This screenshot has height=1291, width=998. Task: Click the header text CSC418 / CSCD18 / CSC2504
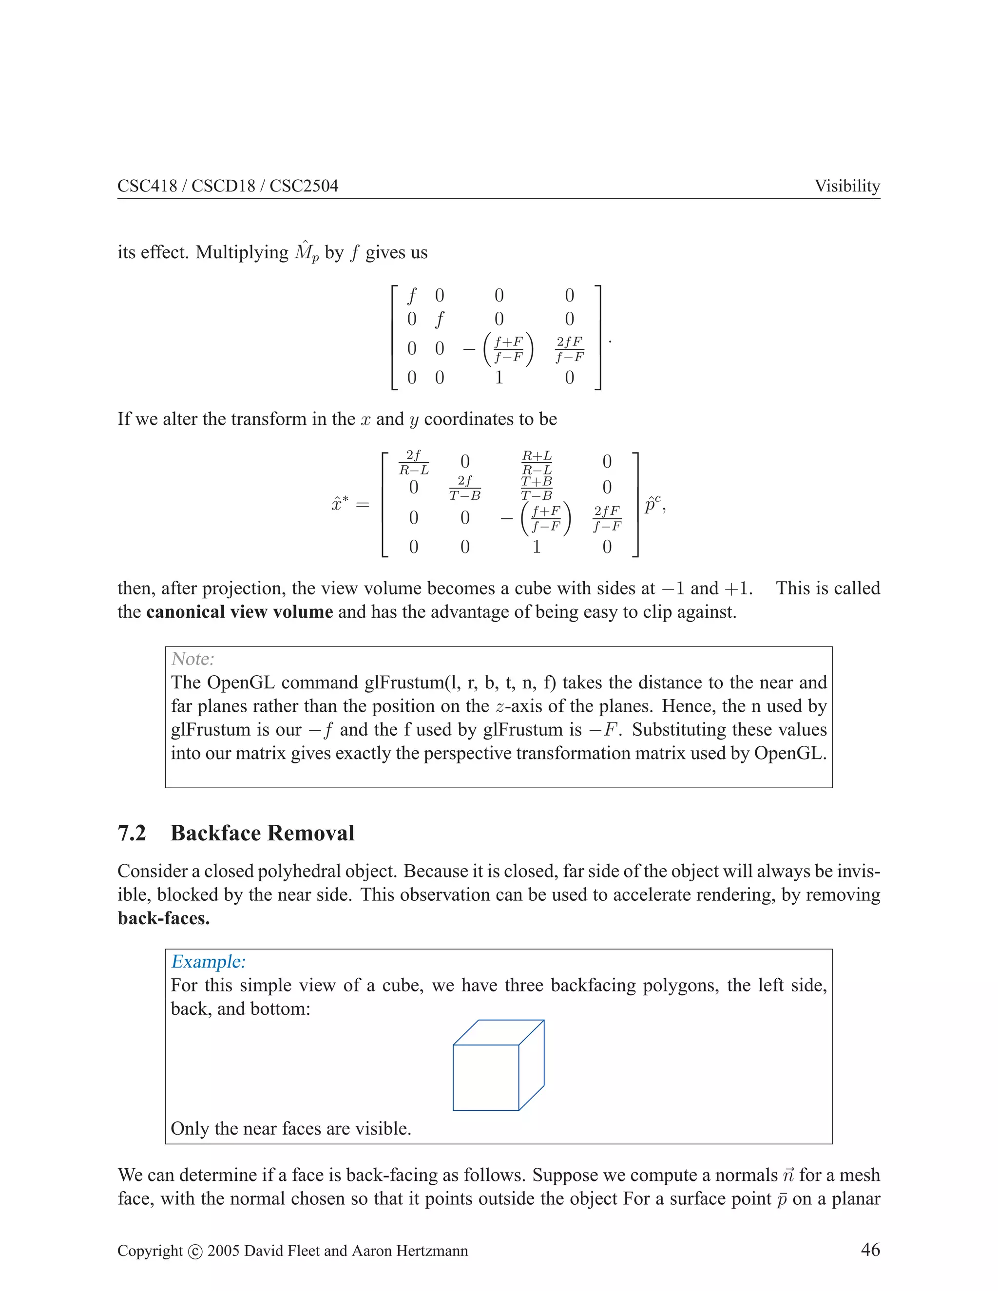pyautogui.click(x=228, y=186)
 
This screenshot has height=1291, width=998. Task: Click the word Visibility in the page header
pyautogui.click(x=846, y=186)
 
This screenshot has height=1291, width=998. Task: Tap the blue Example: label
pyautogui.click(x=208, y=962)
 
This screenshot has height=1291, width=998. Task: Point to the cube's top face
pyautogui.click(x=499, y=1032)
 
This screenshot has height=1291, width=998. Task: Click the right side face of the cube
pyautogui.click(x=531, y=1064)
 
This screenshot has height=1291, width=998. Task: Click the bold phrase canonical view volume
pyautogui.click(x=239, y=612)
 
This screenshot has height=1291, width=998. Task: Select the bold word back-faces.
pyautogui.click(x=164, y=918)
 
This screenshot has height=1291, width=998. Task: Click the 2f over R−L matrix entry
pyautogui.click(x=414, y=462)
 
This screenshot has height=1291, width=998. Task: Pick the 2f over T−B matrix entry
pyautogui.click(x=465, y=488)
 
